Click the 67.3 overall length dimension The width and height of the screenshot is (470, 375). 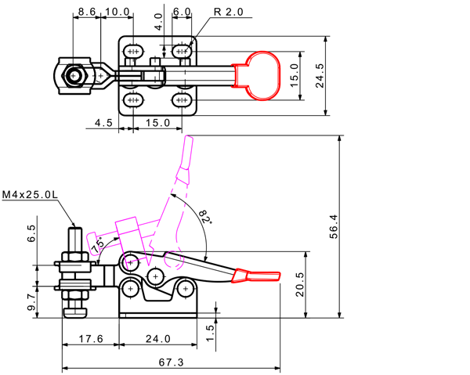[171, 362]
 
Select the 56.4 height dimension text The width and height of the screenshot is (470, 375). [334, 226]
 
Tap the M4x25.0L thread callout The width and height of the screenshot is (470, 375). [30, 195]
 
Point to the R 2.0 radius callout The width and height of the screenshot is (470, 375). [229, 12]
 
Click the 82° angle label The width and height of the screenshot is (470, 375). [205, 217]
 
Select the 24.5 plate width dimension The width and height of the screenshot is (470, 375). [320, 75]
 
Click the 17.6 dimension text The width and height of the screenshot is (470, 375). [91, 339]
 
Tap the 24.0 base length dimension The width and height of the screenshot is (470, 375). [158, 339]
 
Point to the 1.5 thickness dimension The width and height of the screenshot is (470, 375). [211, 333]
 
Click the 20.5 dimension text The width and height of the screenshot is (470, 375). [299, 284]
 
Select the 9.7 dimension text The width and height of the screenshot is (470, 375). [31, 302]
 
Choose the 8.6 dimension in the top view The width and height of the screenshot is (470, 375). [87, 12]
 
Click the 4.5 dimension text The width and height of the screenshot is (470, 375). [103, 123]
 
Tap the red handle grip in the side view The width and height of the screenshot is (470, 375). [256, 276]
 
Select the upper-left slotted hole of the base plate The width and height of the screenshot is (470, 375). [133, 52]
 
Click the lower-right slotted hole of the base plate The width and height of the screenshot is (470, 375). [182, 99]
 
